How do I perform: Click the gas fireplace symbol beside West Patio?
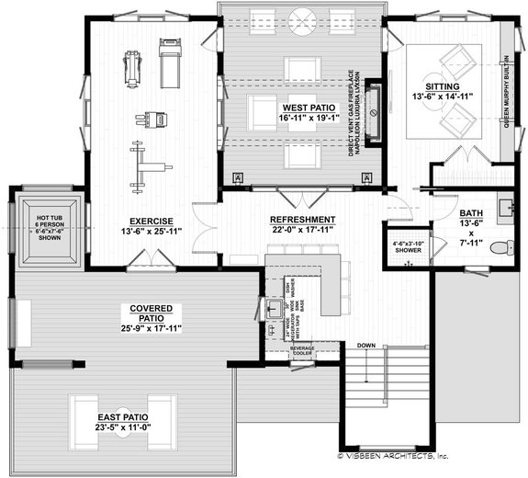click(375, 114)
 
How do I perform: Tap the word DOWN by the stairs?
click(367, 346)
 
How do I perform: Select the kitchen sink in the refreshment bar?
click(273, 308)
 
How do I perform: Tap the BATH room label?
click(469, 213)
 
